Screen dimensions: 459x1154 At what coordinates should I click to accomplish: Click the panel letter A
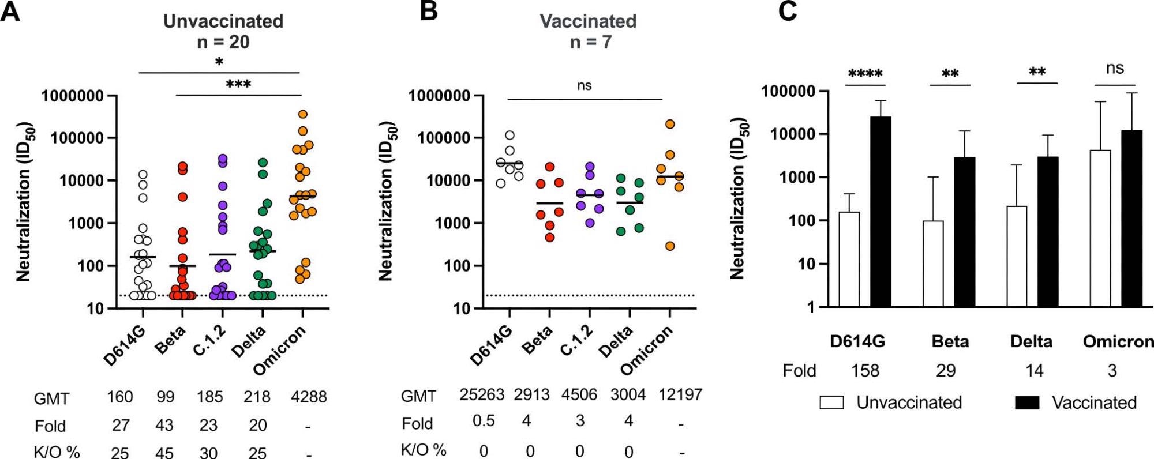[x=10, y=12]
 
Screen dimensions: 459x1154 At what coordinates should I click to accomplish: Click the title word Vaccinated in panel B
[x=588, y=21]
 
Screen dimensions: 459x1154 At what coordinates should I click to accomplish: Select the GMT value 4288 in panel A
[x=309, y=397]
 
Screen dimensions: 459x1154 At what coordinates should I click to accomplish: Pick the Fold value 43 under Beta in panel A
[x=164, y=425]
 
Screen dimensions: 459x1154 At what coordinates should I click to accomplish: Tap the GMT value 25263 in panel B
[x=482, y=394]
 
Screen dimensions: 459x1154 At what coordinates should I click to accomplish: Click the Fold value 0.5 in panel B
[x=484, y=421]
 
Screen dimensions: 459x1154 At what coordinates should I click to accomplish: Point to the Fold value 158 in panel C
[x=865, y=370]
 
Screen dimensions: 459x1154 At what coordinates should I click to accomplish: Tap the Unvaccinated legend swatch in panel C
[x=831, y=402]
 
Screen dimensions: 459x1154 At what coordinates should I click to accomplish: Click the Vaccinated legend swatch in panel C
[x=1027, y=402]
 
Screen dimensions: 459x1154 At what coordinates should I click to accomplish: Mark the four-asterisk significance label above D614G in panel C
[x=865, y=74]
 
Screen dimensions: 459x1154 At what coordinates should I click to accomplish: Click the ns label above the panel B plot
[x=584, y=86]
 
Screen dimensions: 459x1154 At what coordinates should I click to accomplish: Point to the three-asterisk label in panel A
[x=238, y=85]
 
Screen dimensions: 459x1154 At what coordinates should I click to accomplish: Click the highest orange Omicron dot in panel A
[x=302, y=114]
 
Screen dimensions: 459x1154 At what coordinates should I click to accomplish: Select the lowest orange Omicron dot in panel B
[x=670, y=246]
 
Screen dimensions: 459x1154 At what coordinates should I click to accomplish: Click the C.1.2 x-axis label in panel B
[x=578, y=341]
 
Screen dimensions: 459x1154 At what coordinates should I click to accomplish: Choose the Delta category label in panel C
[x=1031, y=341]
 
